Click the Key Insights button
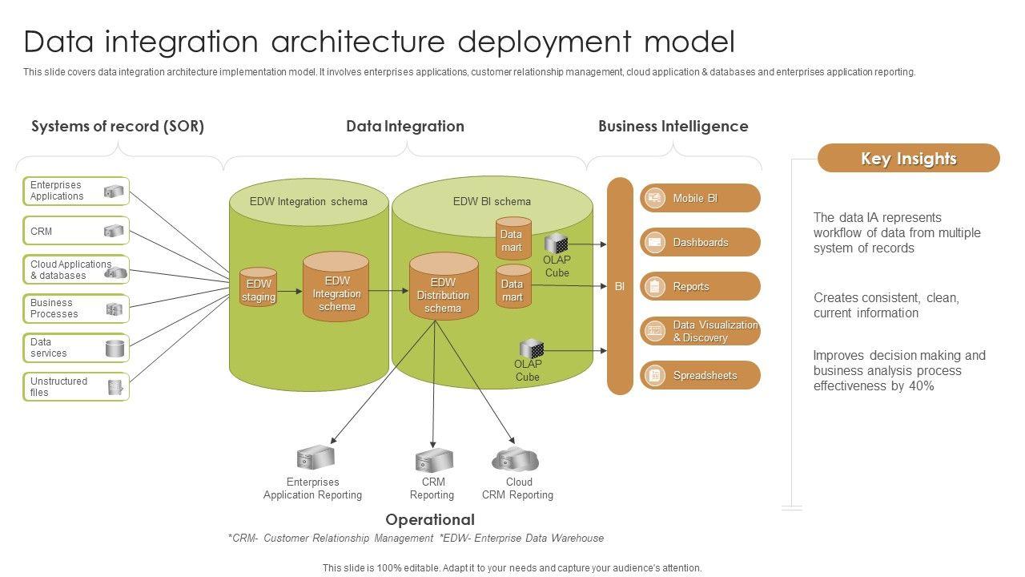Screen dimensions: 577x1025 [x=908, y=159]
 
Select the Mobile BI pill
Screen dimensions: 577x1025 [x=700, y=198]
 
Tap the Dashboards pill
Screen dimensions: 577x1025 [x=700, y=242]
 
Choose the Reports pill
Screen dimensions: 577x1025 [x=700, y=286]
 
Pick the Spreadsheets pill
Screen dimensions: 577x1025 [x=700, y=375]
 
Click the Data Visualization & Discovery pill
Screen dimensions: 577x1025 [x=700, y=331]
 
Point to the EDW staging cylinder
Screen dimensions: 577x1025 [x=259, y=289]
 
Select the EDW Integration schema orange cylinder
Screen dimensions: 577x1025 [x=336, y=288]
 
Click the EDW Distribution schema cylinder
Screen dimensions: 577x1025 [x=443, y=288]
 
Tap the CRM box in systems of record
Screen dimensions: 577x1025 [x=76, y=231]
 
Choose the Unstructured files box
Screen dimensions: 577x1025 [x=76, y=387]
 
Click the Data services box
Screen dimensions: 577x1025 [x=76, y=348]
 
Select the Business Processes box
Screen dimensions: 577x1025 [x=76, y=309]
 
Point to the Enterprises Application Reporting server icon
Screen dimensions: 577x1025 [x=315, y=458]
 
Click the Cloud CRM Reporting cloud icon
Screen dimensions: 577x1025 [x=515, y=459]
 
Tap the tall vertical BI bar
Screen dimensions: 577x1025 [x=620, y=286]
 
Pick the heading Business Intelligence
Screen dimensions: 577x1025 [x=673, y=126]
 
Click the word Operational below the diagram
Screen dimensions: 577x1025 [x=430, y=519]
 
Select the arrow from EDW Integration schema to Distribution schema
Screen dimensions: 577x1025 [x=389, y=291]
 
